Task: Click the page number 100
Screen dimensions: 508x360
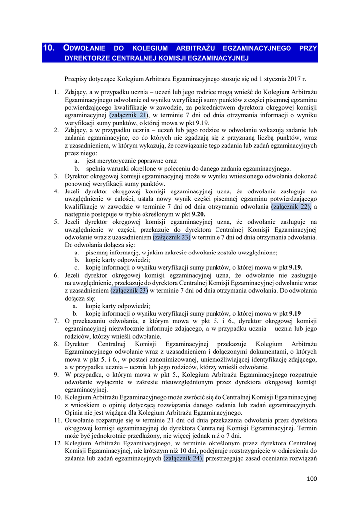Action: point(312,479)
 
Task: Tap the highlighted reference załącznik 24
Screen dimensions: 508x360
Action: point(183,459)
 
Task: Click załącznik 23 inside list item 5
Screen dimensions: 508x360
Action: point(171,237)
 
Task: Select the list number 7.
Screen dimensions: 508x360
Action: point(56,321)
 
